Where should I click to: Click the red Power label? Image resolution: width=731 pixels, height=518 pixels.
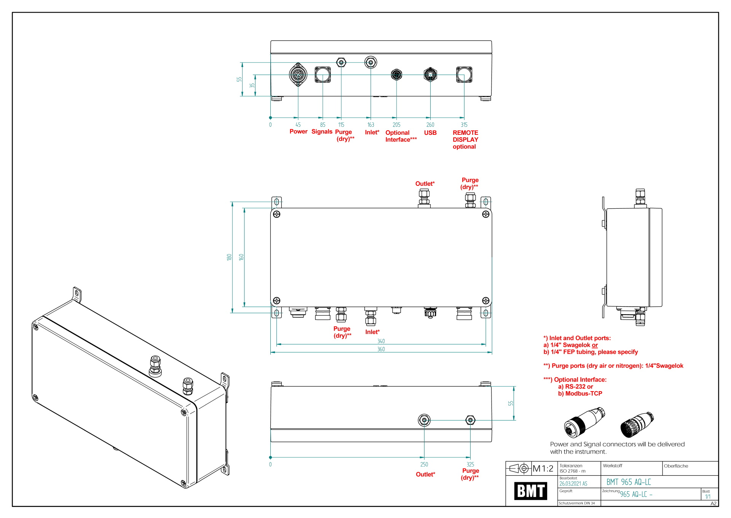click(298, 131)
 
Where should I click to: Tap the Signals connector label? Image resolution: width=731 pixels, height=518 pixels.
click(322, 131)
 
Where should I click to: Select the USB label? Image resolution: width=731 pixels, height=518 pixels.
click(430, 133)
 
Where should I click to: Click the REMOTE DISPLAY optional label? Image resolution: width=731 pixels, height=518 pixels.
click(465, 139)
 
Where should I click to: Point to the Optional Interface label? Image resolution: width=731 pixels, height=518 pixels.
click(401, 136)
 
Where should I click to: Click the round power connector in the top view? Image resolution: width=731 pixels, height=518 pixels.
click(298, 75)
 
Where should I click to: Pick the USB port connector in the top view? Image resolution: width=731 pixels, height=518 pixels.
click(430, 75)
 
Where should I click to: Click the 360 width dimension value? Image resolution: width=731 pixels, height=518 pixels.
click(381, 349)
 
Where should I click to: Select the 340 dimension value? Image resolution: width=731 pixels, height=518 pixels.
click(381, 341)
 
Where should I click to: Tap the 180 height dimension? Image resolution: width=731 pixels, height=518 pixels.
click(229, 257)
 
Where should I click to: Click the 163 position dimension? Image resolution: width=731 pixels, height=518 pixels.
click(370, 125)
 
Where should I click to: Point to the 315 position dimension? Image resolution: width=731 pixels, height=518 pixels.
click(464, 125)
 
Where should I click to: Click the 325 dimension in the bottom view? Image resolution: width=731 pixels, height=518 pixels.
click(470, 464)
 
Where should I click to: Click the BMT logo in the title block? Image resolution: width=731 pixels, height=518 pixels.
click(530, 491)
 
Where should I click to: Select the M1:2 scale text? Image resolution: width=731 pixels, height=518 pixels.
click(543, 468)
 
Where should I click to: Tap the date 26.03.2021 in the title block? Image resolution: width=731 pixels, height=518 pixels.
click(573, 484)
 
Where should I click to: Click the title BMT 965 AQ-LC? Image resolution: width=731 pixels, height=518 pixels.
click(629, 482)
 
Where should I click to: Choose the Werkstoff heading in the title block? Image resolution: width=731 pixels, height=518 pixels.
click(612, 466)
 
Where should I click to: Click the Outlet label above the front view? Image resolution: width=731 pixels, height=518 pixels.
click(425, 184)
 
